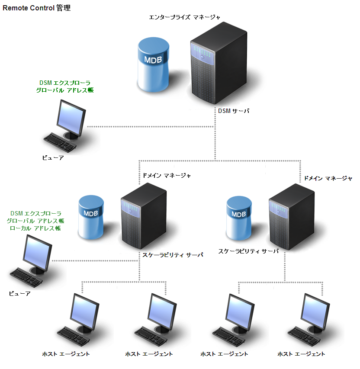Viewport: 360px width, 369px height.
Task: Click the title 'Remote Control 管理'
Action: [x=36, y=8]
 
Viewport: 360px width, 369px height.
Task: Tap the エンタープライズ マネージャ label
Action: [x=185, y=17]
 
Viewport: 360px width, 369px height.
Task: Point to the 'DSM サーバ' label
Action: [x=234, y=111]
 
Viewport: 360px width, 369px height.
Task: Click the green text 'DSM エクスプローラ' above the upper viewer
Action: [x=64, y=82]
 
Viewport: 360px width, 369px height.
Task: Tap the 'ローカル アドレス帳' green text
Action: [x=35, y=228]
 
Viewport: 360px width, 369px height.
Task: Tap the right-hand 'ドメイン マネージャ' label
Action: [x=328, y=178]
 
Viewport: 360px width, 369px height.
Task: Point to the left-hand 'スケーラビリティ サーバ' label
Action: [x=173, y=255]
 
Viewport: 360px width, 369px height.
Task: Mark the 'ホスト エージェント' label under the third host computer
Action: [x=224, y=354]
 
